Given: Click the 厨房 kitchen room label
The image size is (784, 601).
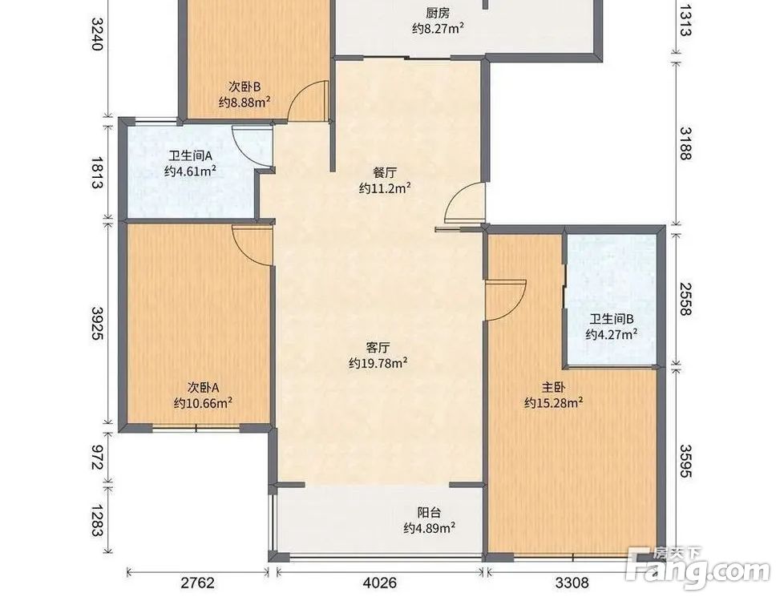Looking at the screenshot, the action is point(438,13).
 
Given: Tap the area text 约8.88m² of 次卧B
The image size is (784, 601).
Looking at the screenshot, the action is point(244,102).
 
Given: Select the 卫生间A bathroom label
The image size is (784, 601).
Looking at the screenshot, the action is point(190,155).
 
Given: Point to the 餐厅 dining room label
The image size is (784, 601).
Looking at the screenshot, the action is point(385,172).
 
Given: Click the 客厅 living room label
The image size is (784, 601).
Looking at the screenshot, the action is point(378,347).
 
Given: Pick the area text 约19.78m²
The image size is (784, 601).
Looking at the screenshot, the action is point(378,363).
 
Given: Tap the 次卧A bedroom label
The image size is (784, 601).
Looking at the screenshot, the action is point(204,387).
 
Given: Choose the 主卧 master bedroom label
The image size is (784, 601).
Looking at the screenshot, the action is point(553,387).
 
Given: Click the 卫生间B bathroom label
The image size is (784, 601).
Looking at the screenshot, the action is point(612,318).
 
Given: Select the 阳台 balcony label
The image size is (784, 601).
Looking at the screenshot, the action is point(430,513).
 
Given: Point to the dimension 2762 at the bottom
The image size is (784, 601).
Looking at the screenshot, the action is point(197,583).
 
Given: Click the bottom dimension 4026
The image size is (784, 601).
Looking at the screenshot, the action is point(380,583).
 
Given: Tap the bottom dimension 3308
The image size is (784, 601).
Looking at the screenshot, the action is point(572,583).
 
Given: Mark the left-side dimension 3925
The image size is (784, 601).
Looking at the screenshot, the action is point(98,323).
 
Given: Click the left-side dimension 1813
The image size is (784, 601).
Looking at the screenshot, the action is point(98,172).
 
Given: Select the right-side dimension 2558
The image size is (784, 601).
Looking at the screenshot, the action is point(685,299).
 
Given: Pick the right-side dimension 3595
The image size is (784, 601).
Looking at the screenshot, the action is point(685,461).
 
